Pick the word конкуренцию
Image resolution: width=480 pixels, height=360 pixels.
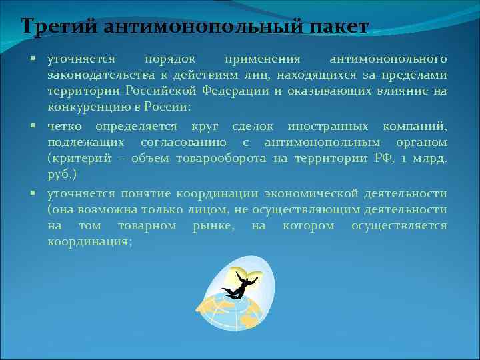click(85, 107)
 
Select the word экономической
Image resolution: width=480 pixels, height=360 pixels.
click(299, 193)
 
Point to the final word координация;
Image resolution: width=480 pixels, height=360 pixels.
click(89, 242)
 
